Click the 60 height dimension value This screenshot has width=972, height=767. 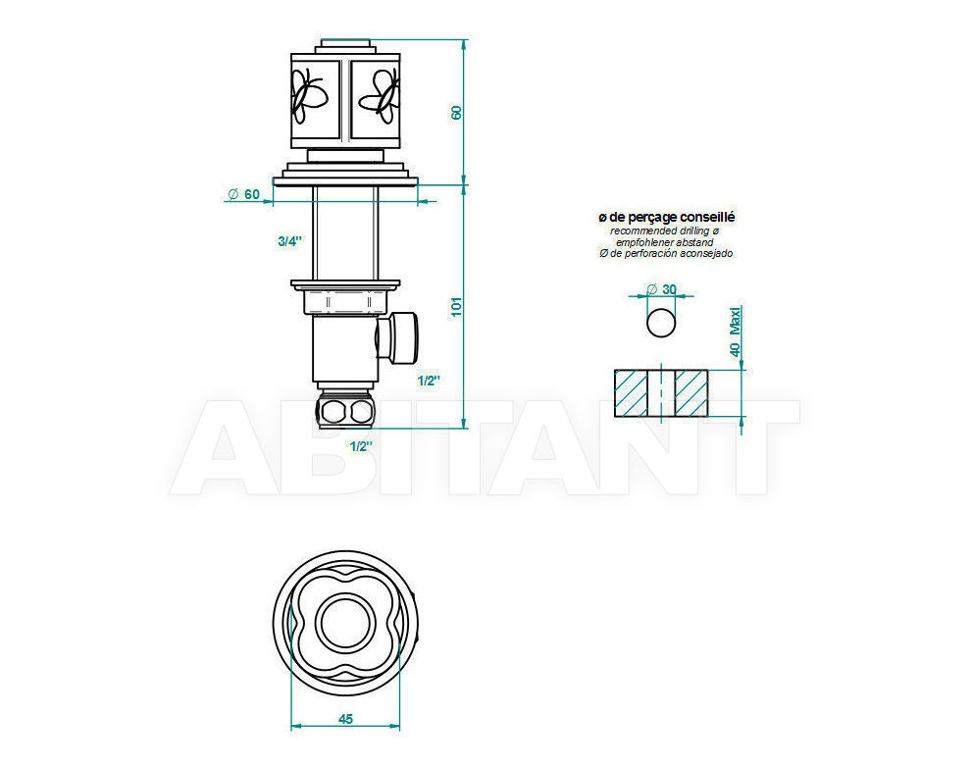pyautogui.click(x=457, y=113)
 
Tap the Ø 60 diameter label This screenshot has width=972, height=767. pyautogui.click(x=243, y=195)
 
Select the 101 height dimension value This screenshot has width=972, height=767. pyautogui.click(x=457, y=307)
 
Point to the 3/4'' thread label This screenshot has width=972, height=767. pyautogui.click(x=289, y=241)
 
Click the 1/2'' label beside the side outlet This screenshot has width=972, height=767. pyautogui.click(x=429, y=381)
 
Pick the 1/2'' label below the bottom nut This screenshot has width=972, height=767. pyautogui.click(x=361, y=446)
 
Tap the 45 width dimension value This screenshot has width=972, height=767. pyautogui.click(x=346, y=719)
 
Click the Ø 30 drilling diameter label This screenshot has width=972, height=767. pyautogui.click(x=661, y=289)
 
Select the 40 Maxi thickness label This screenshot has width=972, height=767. pyautogui.click(x=736, y=332)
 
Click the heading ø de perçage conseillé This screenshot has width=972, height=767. pyautogui.click(x=666, y=217)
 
